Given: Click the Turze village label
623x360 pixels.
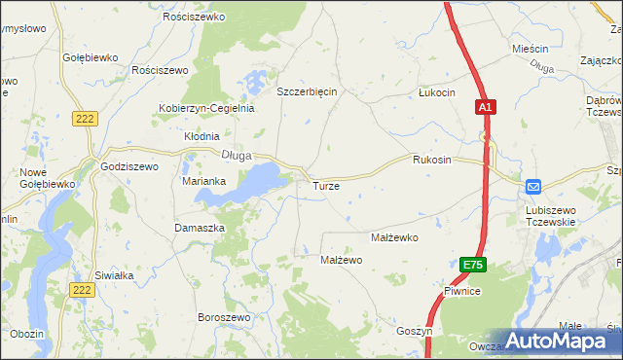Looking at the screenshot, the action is pyautogui.click(x=325, y=185).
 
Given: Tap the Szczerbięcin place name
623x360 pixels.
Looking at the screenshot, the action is pyautogui.click(x=307, y=91).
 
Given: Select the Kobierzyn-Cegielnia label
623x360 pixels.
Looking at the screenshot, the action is pyautogui.click(x=206, y=108).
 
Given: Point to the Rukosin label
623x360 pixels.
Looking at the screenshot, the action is pyautogui.click(x=431, y=160).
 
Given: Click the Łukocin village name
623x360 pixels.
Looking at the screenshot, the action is pyautogui.click(x=436, y=92).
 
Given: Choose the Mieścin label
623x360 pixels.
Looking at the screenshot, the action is pyautogui.click(x=530, y=48).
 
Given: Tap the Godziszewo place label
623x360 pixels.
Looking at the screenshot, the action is pyautogui.click(x=128, y=166).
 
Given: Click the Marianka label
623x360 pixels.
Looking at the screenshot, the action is pyautogui.click(x=204, y=181).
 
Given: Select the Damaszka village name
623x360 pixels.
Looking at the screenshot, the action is pyautogui.click(x=200, y=227).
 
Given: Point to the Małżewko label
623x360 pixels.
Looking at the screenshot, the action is pyautogui.click(x=394, y=236).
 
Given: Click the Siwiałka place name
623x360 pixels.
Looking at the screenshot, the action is pyautogui.click(x=114, y=275).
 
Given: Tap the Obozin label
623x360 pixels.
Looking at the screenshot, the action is pyautogui.click(x=27, y=334).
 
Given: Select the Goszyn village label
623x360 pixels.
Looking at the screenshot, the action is pyautogui.click(x=414, y=331).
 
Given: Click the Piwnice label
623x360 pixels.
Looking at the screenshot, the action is pyautogui.click(x=462, y=291).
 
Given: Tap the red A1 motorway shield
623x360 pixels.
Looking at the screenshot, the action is pyautogui.click(x=487, y=107).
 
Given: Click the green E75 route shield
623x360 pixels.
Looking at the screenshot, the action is pyautogui.click(x=472, y=265).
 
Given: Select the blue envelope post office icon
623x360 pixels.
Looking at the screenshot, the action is pyautogui.click(x=533, y=186).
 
